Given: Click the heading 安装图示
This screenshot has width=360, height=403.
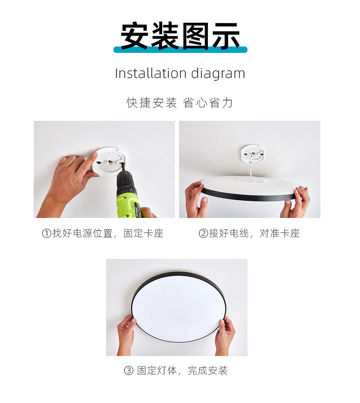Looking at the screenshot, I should pos(180,36).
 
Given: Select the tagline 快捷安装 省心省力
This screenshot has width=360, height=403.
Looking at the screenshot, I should pos(180,103).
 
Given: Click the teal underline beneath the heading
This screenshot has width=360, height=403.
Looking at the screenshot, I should pos(180,50).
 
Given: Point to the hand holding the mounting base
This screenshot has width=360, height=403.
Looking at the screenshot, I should pos(73,176).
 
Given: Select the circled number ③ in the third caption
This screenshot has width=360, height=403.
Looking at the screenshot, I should pos(129,371).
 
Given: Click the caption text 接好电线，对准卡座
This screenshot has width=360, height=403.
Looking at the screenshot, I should pos(254,234).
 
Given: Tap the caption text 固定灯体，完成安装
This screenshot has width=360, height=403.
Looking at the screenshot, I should pos(182,371).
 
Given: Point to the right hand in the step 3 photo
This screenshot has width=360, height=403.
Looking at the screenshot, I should pos(225,335).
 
